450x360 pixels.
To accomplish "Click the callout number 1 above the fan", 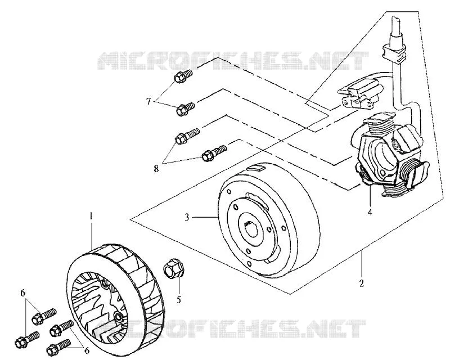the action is (x=91, y=216).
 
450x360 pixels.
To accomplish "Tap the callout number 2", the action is (x=362, y=283).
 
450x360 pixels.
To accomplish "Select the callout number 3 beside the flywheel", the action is (x=187, y=217).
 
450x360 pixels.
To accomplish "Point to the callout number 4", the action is (x=370, y=213).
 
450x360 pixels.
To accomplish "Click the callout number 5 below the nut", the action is (x=179, y=300).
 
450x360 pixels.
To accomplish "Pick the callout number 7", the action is (x=148, y=101).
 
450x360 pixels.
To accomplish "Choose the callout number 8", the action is (x=156, y=169).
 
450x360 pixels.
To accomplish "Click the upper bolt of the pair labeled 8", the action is (x=187, y=136).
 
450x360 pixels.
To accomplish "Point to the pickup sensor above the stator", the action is (x=360, y=93).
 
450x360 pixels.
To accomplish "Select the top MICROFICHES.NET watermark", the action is (x=232, y=60).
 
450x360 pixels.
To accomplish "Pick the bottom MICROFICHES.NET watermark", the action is (x=232, y=328).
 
